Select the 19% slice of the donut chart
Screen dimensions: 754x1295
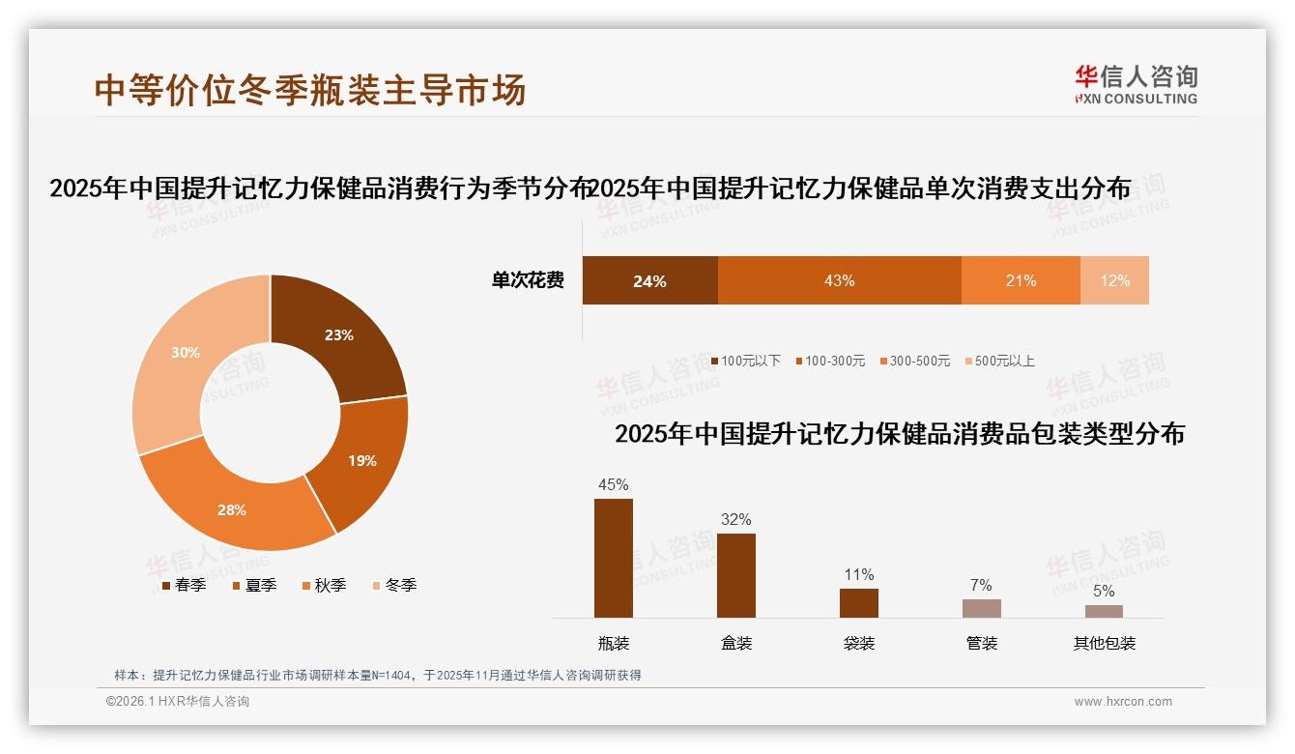coord(362,461)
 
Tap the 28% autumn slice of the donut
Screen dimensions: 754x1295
coord(232,509)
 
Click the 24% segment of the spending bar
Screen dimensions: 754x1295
coord(649,281)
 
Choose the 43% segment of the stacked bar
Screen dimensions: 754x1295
coord(839,281)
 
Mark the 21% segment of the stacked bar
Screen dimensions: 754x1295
coord(1021,281)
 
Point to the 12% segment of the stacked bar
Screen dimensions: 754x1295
coord(1114,281)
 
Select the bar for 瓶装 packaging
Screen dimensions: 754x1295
coord(614,558)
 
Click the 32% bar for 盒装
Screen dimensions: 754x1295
coord(736,575)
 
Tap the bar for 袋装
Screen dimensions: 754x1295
coord(859,602)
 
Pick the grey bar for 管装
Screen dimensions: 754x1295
coord(981,608)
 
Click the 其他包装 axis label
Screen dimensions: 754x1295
coord(1104,643)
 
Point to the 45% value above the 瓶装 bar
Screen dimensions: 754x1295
coord(614,484)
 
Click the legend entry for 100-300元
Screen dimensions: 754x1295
coord(830,362)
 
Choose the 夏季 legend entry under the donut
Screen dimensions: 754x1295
coord(255,586)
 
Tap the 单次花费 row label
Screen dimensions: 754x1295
coord(528,281)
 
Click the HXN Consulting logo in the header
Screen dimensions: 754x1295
coord(1136,85)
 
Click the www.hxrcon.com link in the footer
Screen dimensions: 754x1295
coord(1123,702)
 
